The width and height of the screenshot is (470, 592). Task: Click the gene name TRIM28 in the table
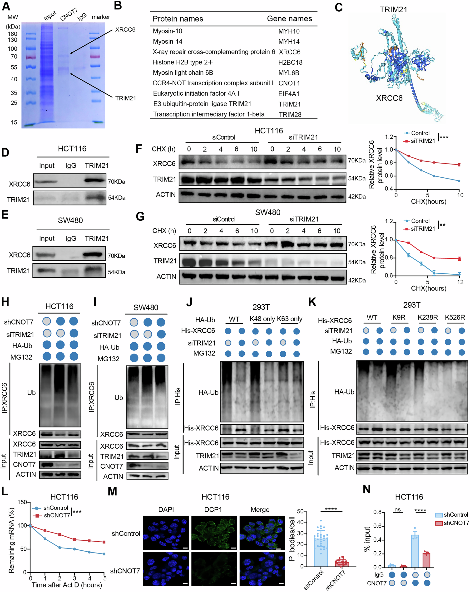coord(290,115)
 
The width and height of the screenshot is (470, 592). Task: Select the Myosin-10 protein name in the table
coord(167,31)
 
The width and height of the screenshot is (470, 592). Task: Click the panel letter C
coord(338,7)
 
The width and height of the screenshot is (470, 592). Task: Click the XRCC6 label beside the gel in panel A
coord(125,30)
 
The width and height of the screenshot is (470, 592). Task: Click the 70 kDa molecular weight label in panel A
coord(14,57)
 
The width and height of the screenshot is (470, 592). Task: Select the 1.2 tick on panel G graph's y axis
coord(389,221)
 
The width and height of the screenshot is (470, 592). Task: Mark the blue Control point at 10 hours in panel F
coord(459,181)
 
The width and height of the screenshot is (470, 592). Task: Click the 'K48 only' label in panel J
coord(262,319)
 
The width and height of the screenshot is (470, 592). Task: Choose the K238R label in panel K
coord(427,317)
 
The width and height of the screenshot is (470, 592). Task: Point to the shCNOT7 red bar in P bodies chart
coord(342,564)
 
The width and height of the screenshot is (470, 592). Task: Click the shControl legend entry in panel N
coord(452,515)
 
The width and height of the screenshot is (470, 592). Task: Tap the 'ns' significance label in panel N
coord(397,510)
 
